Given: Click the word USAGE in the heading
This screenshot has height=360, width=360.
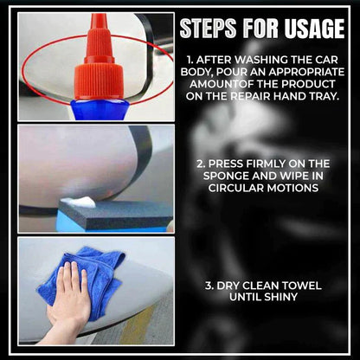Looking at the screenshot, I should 309,29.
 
